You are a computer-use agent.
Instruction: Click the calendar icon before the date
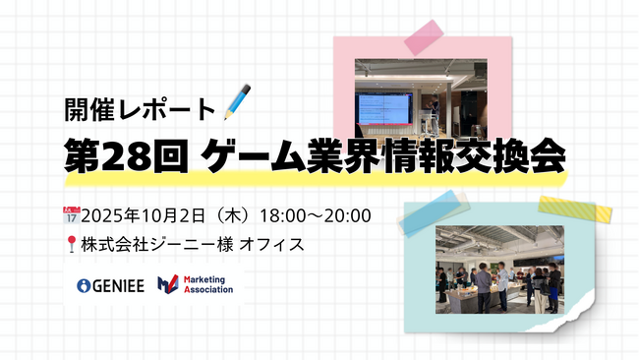[x=69, y=212]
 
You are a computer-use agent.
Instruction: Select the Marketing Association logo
[x=196, y=286]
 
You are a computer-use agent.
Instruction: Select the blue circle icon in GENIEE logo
[x=84, y=286]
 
